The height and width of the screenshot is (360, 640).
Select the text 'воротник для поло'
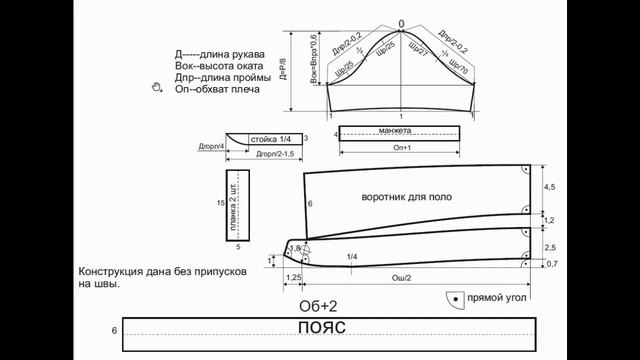pyautogui.click(x=401, y=199)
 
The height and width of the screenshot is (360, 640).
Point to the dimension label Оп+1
pyautogui.click(x=399, y=149)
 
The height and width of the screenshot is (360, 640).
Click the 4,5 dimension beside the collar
pyautogui.click(x=549, y=187)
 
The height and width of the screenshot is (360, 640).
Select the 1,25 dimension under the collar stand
pyautogui.click(x=294, y=277)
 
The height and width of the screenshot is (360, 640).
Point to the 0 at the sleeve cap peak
pyautogui.click(x=400, y=23)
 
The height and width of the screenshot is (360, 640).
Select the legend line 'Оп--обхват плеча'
pyautogui.click(x=217, y=90)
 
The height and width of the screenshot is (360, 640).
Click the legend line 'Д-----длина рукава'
pyautogui.click(x=219, y=53)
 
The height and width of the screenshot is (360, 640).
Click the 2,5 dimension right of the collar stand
pyautogui.click(x=549, y=246)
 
